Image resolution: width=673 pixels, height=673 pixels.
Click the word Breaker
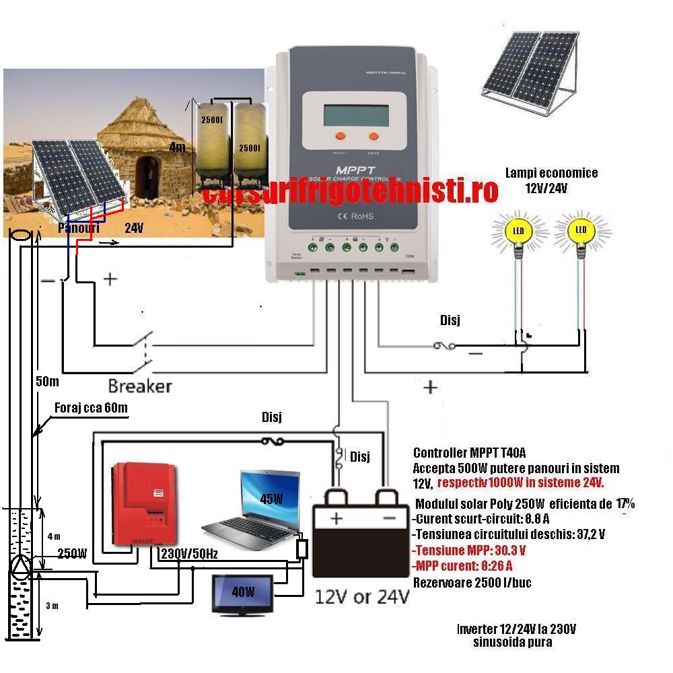coord(140,386)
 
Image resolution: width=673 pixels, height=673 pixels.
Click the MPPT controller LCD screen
coord(355,110)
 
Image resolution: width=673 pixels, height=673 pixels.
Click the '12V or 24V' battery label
coord(362,597)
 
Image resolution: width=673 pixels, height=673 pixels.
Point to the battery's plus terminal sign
coord(336,518)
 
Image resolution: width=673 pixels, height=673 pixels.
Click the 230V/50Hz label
coord(187,555)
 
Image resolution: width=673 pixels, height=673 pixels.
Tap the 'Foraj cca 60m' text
coord(91,408)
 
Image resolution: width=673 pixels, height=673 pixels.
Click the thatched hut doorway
coord(146,176)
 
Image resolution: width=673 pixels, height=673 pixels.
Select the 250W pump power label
coord(71,554)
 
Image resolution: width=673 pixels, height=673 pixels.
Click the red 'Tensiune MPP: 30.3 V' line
coord(468,549)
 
